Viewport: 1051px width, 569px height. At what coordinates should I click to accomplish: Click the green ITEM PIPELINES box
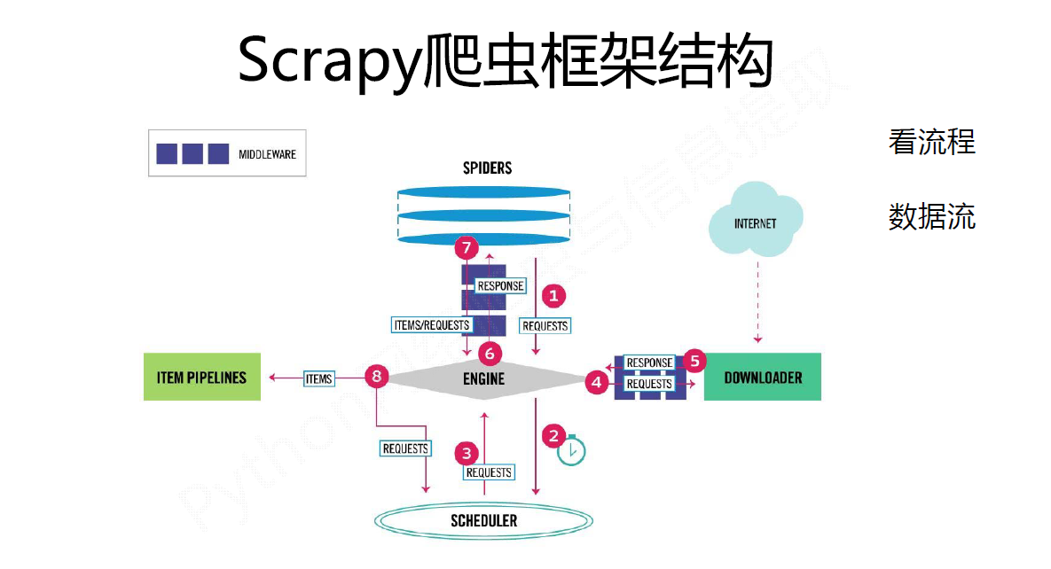coord(202,377)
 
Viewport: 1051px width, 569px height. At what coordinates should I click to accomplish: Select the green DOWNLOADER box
coord(762,377)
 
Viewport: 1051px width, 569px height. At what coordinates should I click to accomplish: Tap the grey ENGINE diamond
coord(484,378)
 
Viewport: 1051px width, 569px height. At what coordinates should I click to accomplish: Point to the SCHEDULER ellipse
coord(483,520)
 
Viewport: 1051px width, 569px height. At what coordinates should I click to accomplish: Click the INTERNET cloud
coord(756,221)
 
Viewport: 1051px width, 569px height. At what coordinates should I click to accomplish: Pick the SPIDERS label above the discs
coord(487,168)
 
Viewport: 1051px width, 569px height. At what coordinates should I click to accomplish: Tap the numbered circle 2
coord(554,435)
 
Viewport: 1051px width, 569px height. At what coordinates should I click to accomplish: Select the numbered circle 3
coord(467,453)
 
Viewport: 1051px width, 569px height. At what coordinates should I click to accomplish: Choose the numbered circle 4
coord(597,384)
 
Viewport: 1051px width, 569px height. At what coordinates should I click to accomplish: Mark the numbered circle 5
coord(694,361)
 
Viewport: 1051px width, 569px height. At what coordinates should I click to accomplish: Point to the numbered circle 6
coord(490,354)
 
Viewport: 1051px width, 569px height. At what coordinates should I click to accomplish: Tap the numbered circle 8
coord(377,378)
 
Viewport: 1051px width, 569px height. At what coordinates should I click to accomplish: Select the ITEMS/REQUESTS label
coord(431,324)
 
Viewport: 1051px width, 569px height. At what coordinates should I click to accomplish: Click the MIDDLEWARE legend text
coord(267,154)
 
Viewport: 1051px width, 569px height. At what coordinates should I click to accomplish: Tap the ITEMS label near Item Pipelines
coord(318,378)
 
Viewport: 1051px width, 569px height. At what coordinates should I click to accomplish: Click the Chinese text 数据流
coord(931,216)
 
